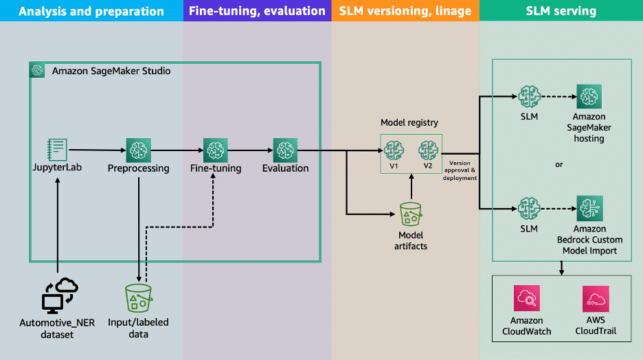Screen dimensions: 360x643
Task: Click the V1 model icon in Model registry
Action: coord(394,148)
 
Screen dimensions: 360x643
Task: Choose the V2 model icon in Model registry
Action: coord(428,148)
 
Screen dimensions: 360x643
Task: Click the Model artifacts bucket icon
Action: coord(411,214)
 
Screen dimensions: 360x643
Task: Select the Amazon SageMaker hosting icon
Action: coord(589,97)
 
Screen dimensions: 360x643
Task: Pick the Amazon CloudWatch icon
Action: coord(527,299)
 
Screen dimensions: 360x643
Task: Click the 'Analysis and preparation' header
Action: coord(91,11)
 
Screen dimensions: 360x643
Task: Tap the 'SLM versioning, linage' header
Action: coord(405,11)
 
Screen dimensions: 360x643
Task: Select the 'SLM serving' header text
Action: coord(561,11)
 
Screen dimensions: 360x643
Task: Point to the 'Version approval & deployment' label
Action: coord(459,170)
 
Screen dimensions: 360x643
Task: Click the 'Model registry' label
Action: coord(410,122)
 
